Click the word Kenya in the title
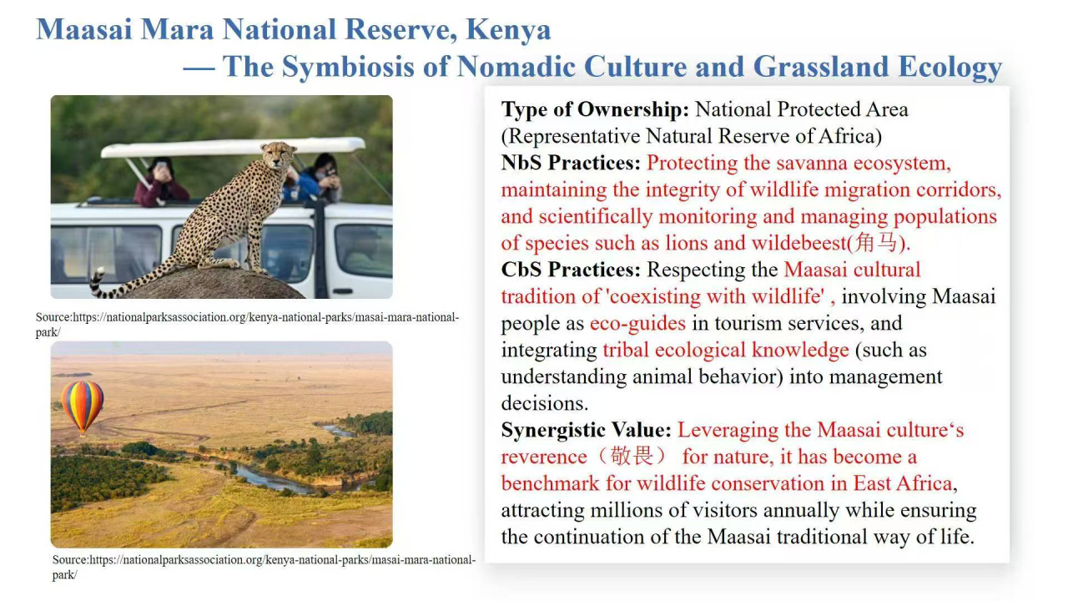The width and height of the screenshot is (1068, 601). (x=508, y=29)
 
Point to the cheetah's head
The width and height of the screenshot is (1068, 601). (x=280, y=154)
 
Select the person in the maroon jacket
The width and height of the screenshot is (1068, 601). (x=160, y=182)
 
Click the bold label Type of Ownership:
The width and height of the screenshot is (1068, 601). (x=595, y=109)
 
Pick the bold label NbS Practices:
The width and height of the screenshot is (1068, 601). (x=571, y=163)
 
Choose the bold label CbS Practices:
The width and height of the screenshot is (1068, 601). (x=571, y=270)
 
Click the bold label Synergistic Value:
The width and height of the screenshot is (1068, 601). (x=587, y=430)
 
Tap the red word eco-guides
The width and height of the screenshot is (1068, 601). (x=637, y=323)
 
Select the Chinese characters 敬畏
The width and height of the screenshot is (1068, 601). (x=632, y=456)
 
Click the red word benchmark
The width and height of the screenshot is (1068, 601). (x=550, y=483)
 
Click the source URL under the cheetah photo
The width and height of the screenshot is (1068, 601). (x=248, y=325)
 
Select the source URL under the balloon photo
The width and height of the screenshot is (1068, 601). (x=264, y=567)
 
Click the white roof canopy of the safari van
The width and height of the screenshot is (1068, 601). (x=233, y=147)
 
